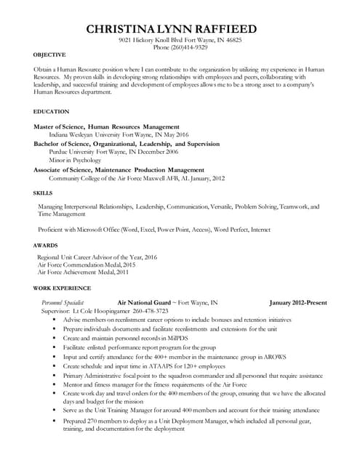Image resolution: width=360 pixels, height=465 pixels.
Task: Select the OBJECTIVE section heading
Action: pos(49,55)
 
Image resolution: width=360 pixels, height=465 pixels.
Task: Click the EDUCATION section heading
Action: pos(51,112)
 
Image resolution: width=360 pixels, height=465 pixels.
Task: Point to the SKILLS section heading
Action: pos(43,193)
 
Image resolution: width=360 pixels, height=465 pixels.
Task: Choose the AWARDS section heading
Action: pos(45,246)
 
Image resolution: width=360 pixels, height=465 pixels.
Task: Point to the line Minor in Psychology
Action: pos(75,161)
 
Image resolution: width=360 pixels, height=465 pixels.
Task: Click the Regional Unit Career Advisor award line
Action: pos(97,257)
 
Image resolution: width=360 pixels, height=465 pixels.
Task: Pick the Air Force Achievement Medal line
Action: pos(82,272)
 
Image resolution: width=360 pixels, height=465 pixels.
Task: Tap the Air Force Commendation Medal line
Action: pos(86,265)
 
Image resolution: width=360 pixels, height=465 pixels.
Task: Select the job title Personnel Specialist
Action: pos(63,302)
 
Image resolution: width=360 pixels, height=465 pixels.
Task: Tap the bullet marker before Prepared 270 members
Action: pos(55,421)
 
